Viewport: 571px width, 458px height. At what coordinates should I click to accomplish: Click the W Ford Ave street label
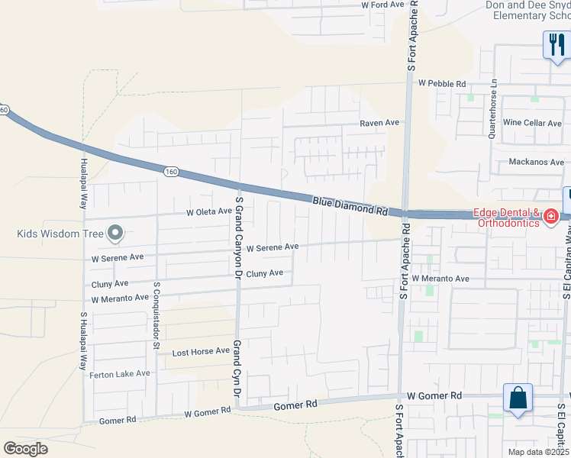tap(382, 5)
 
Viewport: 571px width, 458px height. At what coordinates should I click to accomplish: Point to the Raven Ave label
tap(380, 122)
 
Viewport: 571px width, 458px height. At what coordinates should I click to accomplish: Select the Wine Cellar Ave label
tap(532, 122)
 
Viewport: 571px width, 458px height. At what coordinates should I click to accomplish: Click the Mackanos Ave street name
tap(537, 162)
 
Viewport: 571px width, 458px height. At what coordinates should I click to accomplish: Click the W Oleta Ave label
tap(209, 211)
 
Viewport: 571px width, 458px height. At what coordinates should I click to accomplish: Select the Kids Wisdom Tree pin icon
tap(115, 232)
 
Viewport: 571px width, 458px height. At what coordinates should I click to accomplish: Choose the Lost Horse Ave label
tap(201, 352)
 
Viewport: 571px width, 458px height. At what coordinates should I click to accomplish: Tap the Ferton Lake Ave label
tap(120, 374)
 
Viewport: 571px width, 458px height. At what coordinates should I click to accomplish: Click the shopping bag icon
tap(518, 397)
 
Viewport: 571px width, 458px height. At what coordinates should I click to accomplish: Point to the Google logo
tap(25, 448)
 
